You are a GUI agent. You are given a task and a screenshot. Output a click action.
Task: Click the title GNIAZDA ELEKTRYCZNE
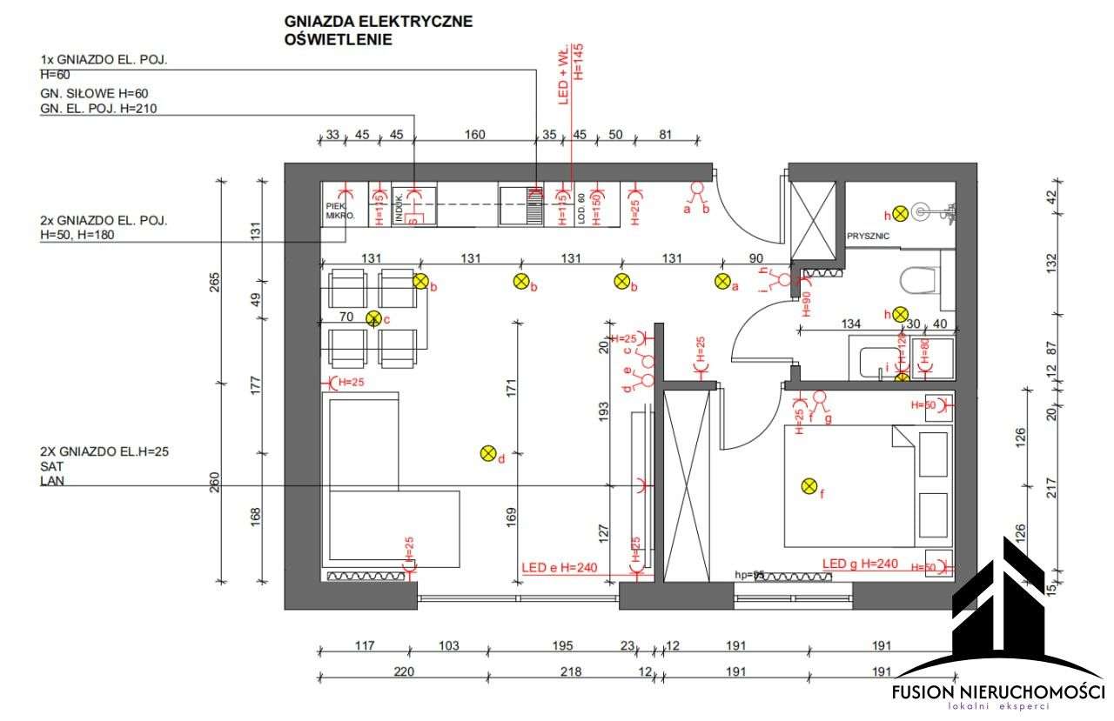point(379,22)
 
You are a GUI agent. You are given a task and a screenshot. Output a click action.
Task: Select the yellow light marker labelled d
point(488,453)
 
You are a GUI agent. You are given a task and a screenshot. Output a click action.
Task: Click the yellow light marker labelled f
point(809,487)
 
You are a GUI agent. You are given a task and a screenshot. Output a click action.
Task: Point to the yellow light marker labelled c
point(374,318)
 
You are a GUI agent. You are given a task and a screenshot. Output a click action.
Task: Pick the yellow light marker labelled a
point(722,281)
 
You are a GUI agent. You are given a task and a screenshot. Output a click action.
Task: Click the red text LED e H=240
point(560,568)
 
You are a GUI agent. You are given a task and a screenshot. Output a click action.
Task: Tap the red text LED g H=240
point(860,564)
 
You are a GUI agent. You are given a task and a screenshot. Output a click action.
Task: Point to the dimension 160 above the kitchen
point(475,135)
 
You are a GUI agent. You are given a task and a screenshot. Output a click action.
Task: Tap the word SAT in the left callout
point(51,466)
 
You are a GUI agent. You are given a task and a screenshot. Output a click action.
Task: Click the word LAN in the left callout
point(51,480)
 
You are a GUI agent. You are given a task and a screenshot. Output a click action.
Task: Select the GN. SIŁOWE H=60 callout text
point(90,93)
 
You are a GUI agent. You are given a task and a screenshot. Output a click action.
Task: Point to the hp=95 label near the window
point(749,575)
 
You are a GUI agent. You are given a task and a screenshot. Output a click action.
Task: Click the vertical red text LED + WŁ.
point(562,77)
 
